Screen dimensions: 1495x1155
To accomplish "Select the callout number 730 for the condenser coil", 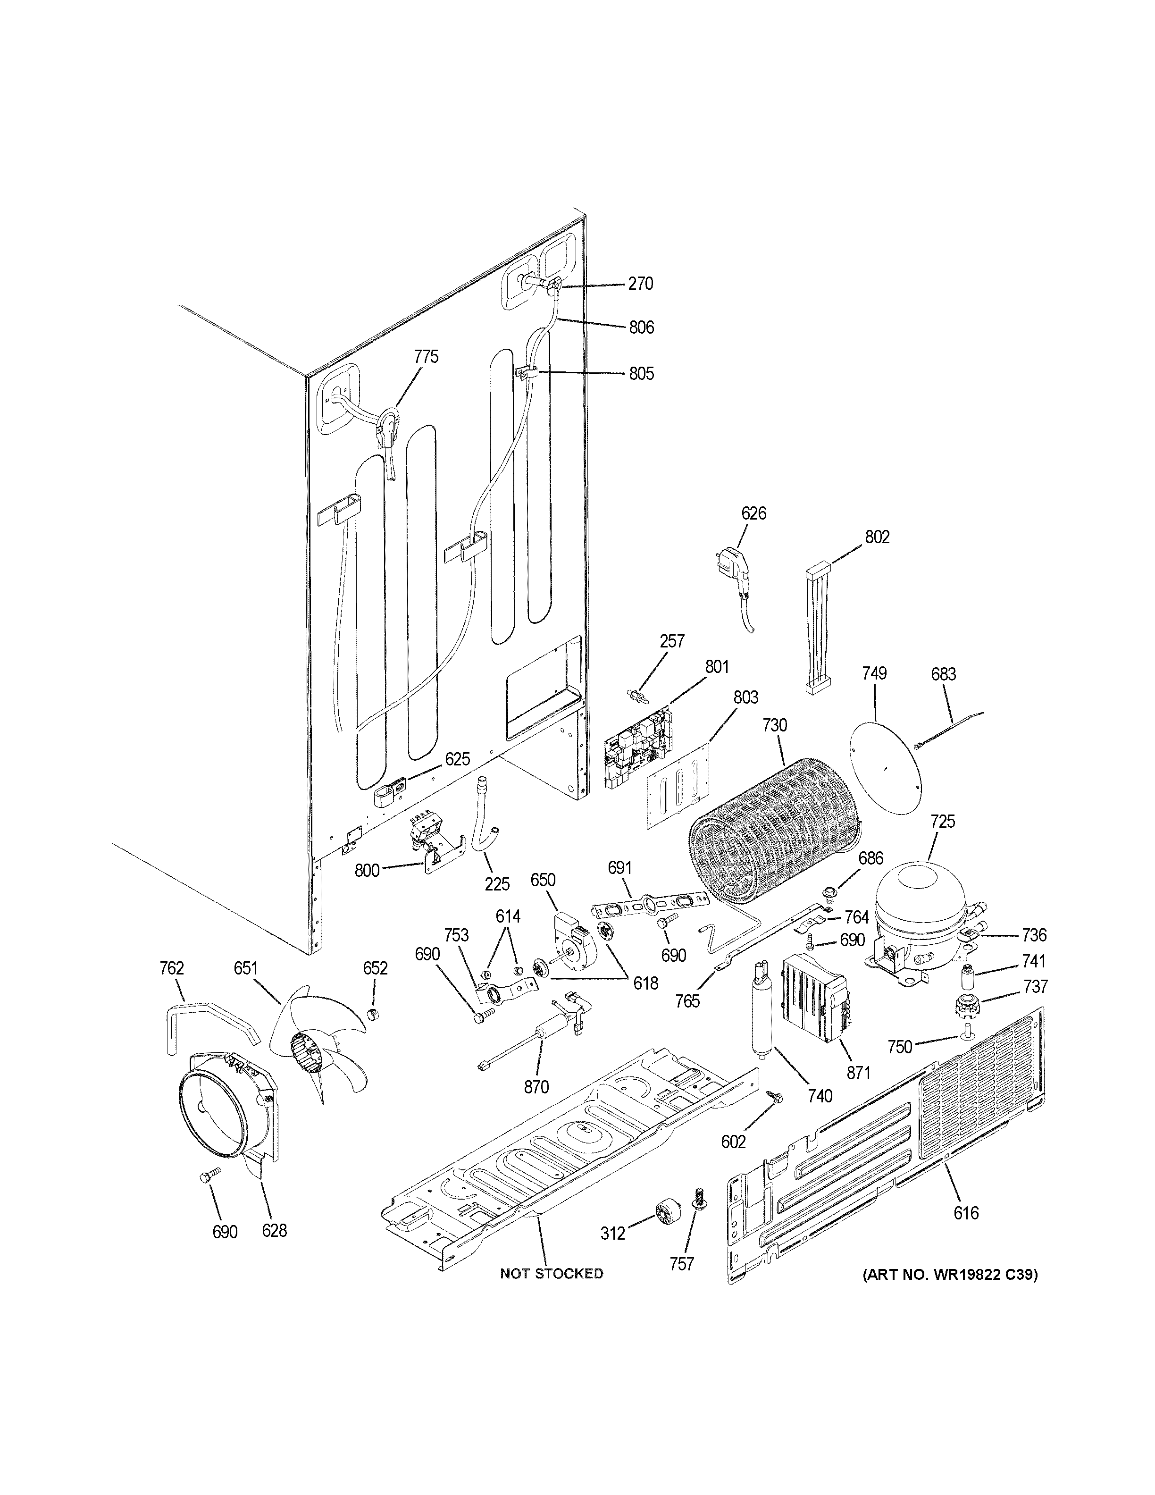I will pyautogui.click(x=775, y=725).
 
